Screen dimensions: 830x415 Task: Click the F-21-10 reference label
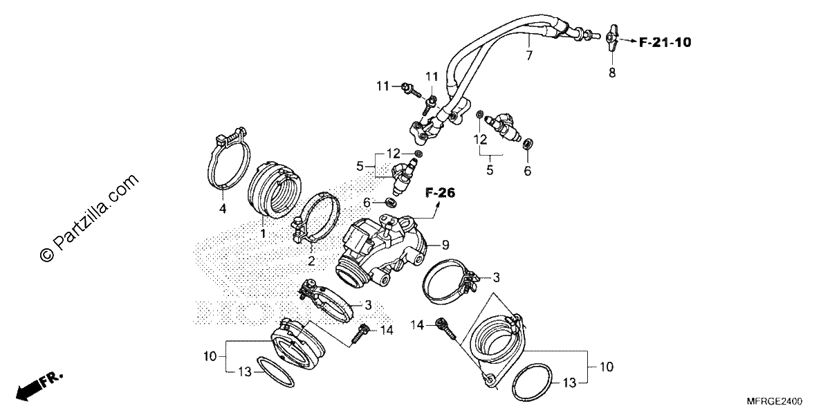point(665,43)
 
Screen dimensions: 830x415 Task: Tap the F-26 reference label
point(440,193)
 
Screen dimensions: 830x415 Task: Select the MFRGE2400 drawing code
point(775,401)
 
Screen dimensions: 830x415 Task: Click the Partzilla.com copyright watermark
point(89,218)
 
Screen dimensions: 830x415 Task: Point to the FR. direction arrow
point(39,386)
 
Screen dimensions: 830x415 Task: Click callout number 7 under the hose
point(529,55)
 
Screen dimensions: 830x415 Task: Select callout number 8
point(611,73)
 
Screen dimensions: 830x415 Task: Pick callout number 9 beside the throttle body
point(445,245)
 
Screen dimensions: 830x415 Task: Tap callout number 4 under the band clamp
point(222,209)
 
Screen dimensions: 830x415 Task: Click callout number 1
point(263,234)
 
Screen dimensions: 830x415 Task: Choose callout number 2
point(311,261)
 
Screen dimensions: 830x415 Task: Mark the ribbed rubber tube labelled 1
point(274,190)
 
